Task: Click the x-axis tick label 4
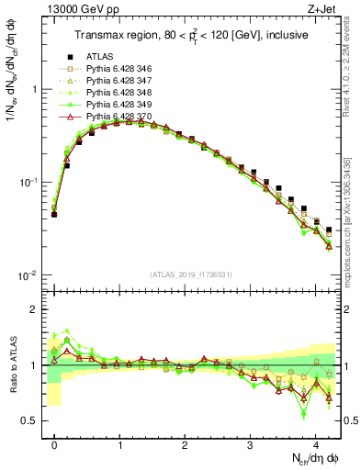tap(316, 443)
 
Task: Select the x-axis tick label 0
tap(54, 443)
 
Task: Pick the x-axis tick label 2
tap(186, 443)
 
